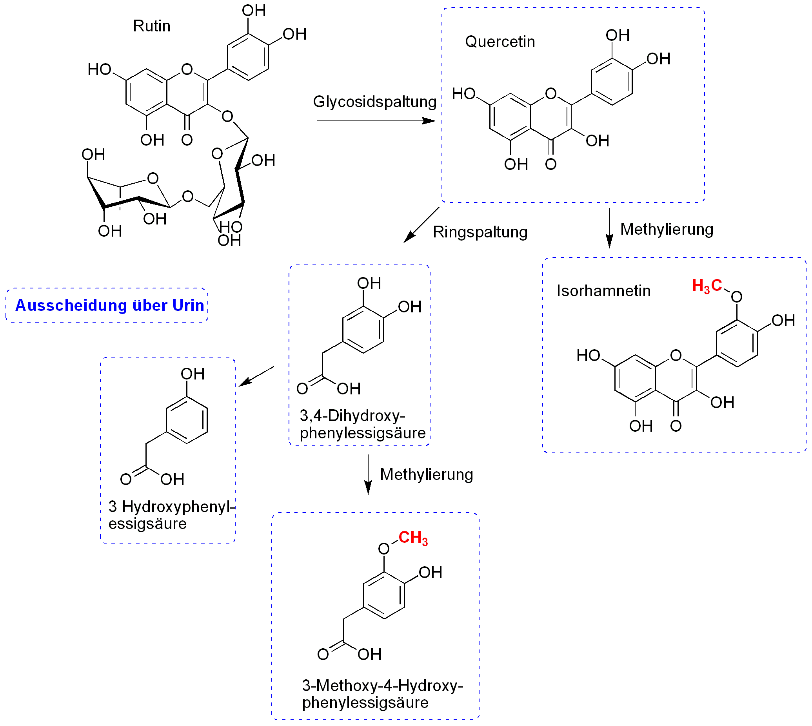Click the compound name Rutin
[x=151, y=26]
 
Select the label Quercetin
[x=500, y=42]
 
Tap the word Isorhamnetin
[x=603, y=291]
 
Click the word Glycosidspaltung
[x=374, y=102]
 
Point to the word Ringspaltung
[x=480, y=232]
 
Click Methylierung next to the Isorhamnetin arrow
[x=667, y=229]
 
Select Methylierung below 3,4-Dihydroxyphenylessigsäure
[x=426, y=475]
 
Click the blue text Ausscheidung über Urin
[x=109, y=305]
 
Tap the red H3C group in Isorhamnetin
[x=707, y=286]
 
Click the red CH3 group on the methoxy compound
[x=413, y=538]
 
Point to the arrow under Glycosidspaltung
[x=376, y=120]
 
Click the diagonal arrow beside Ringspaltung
[x=421, y=224]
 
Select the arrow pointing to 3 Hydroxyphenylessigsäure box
[x=256, y=376]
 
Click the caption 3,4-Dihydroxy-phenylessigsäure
[x=362, y=424]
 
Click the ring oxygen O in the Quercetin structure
[x=550, y=94]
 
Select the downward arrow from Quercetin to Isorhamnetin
[x=609, y=228]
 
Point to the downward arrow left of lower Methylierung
[x=368, y=474]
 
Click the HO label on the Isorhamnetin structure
[x=588, y=356]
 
